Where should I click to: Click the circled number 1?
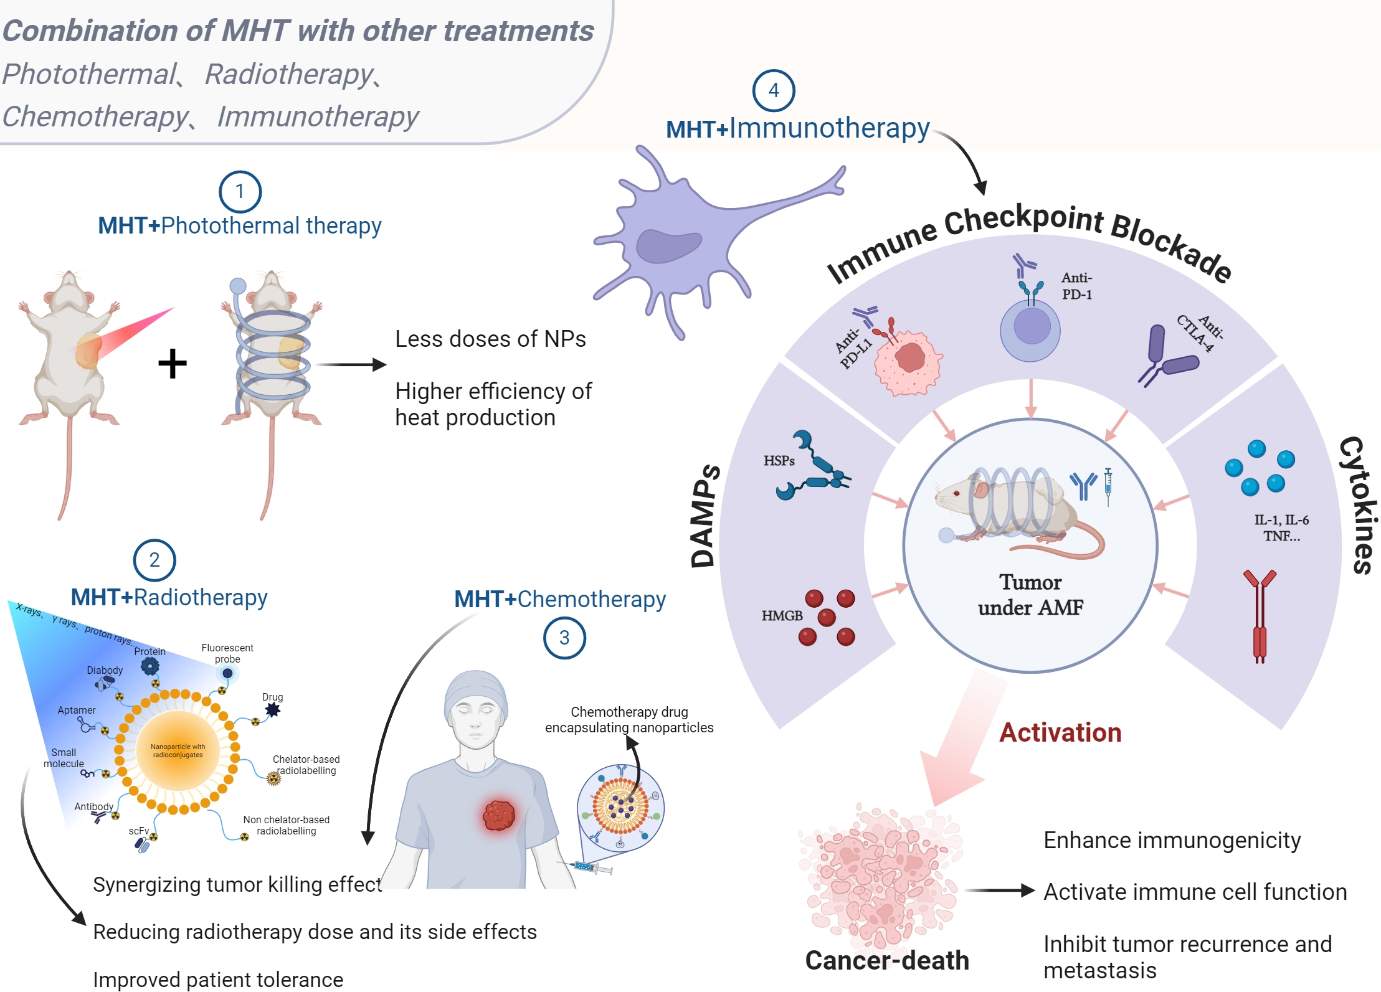click(x=240, y=192)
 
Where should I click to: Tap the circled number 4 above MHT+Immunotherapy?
click(x=773, y=91)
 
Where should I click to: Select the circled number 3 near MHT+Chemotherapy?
click(x=564, y=638)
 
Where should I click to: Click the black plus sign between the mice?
click(x=173, y=364)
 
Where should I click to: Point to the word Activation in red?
click(x=1060, y=733)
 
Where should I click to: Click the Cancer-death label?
click(x=887, y=960)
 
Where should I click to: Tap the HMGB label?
click(x=782, y=616)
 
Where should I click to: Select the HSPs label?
click(x=779, y=461)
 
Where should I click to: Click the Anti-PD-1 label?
click(x=1077, y=286)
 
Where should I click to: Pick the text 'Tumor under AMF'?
click(x=1030, y=595)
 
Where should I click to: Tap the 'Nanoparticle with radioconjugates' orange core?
click(x=178, y=751)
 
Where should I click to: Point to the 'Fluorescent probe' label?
click(x=227, y=653)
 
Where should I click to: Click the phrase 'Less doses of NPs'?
click(x=490, y=339)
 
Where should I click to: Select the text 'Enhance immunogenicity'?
click(x=1172, y=841)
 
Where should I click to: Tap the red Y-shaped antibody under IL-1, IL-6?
click(x=1260, y=616)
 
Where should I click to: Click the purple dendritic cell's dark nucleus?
click(x=668, y=247)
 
